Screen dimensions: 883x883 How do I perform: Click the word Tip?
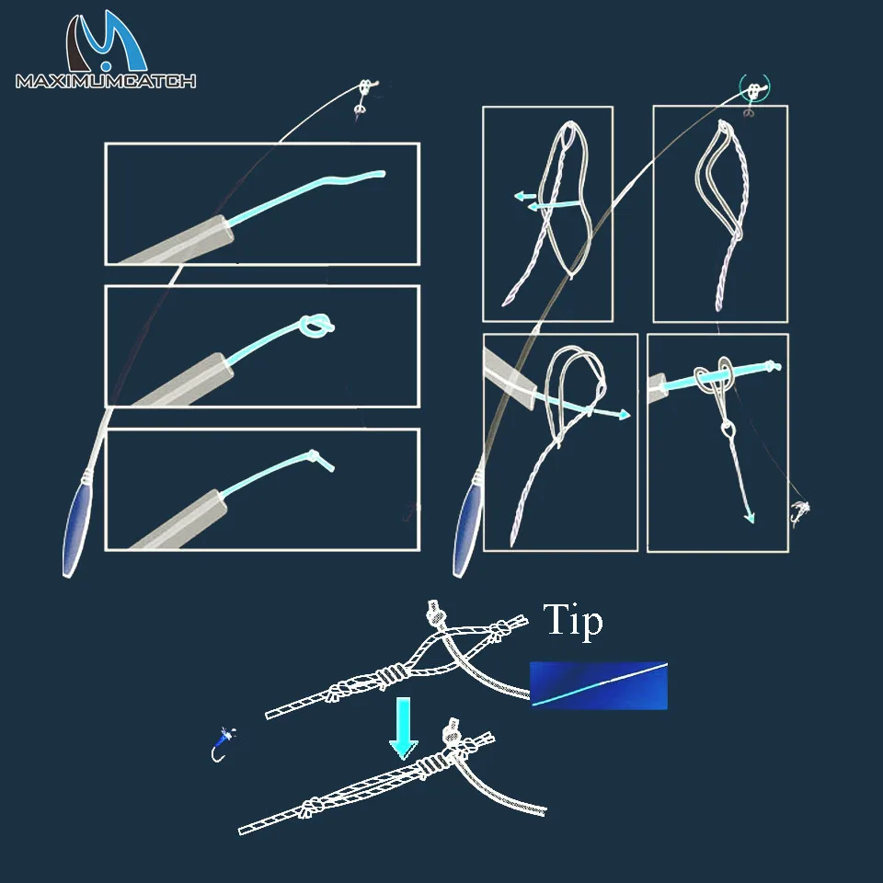click(x=573, y=620)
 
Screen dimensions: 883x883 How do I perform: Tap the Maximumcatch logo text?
click(x=106, y=81)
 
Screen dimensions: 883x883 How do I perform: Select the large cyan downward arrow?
click(x=403, y=728)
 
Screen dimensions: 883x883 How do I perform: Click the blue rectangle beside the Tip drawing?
click(x=599, y=684)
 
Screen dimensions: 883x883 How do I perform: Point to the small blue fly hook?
click(x=223, y=744)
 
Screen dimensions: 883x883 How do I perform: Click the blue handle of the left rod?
click(x=77, y=531)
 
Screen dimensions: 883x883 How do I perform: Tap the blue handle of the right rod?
click(x=467, y=531)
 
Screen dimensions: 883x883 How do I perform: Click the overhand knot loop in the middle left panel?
click(x=316, y=326)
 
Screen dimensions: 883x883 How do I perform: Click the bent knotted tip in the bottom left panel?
click(x=320, y=460)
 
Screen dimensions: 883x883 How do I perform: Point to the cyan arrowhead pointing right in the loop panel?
click(x=624, y=415)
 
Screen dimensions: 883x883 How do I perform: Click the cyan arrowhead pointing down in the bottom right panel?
click(x=749, y=517)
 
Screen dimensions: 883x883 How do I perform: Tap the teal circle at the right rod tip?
click(x=754, y=88)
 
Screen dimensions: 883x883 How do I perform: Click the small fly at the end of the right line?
click(x=799, y=512)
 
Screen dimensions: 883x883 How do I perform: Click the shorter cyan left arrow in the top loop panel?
click(x=525, y=196)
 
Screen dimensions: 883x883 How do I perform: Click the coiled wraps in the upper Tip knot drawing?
click(x=391, y=676)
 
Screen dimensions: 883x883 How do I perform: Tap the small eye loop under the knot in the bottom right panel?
click(x=728, y=430)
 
